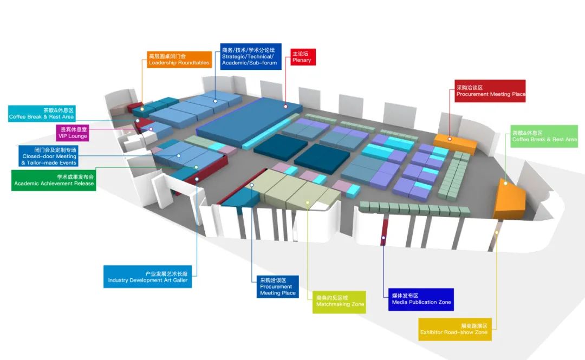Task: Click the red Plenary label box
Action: (303, 57)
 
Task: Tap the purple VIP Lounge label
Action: (74, 133)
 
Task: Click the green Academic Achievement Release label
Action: (54, 180)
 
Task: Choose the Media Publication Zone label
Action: (421, 299)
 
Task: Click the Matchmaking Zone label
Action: (340, 302)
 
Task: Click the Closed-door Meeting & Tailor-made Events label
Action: (49, 156)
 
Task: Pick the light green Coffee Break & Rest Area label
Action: (544, 136)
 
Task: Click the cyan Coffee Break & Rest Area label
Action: (41, 113)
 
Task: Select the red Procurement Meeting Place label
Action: (490, 91)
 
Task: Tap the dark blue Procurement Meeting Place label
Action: (277, 287)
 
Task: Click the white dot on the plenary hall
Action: (285, 107)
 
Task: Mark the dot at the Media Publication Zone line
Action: (383, 238)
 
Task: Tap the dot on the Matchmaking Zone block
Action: (307, 202)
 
